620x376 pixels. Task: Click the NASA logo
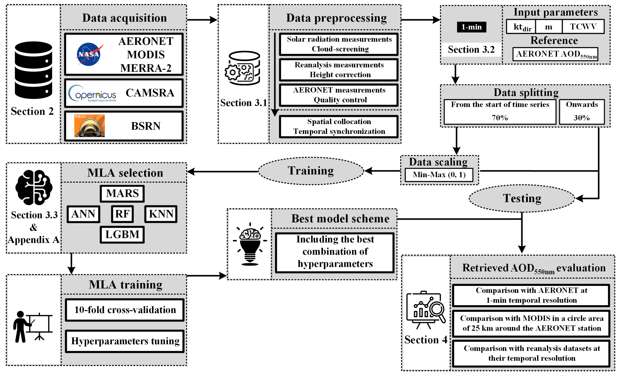tap(89, 54)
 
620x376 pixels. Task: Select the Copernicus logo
tap(92, 93)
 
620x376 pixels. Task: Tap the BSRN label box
tap(124, 126)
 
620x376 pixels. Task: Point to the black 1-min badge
tap(471, 27)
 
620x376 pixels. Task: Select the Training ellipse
tap(311, 171)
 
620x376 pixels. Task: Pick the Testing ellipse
tap(522, 199)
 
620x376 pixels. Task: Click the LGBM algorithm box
tap(122, 235)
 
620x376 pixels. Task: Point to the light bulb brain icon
tap(250, 244)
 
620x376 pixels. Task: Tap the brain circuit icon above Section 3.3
tap(34, 187)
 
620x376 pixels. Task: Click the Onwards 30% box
tap(582, 112)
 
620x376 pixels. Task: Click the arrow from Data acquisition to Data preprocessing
tap(202, 20)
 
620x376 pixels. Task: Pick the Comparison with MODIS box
tap(531, 323)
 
